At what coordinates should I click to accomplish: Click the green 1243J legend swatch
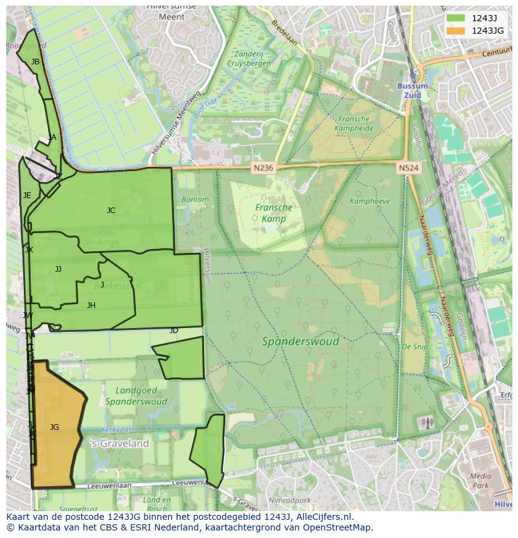pos(455,18)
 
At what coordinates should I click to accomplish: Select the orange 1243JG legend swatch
pos(455,31)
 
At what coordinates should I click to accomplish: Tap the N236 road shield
pos(264,167)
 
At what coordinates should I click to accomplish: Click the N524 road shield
pos(409,167)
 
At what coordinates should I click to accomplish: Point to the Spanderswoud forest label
pos(300,341)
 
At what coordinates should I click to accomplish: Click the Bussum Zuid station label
pos(413,90)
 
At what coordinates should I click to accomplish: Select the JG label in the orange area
pos(54,427)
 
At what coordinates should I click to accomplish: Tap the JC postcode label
pos(111,211)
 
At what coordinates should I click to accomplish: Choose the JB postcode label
pos(35,62)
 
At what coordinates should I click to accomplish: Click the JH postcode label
pos(91,306)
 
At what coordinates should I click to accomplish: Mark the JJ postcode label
pos(58,269)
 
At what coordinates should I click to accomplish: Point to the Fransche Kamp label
pos(273,213)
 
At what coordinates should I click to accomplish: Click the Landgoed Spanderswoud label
pos(136,396)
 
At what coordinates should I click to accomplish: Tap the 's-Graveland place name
pos(120,444)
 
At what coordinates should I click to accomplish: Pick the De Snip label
pos(415,346)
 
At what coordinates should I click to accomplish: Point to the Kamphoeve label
pos(370,201)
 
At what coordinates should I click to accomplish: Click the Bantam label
pos(195,199)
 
